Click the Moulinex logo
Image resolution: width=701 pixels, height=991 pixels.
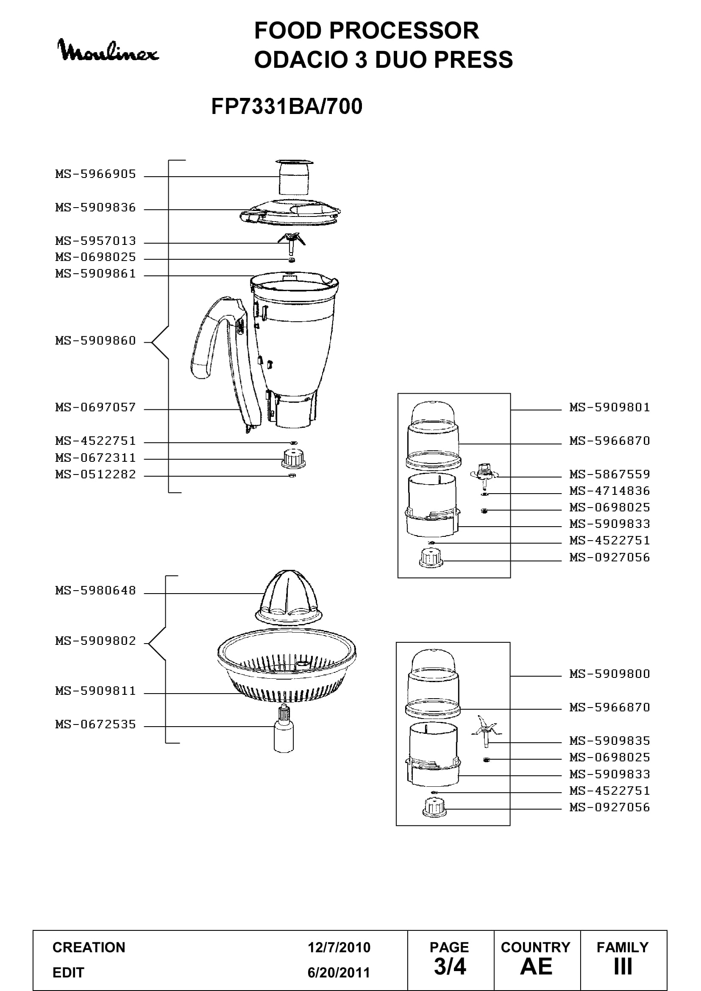108,51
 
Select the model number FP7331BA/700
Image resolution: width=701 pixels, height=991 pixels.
287,106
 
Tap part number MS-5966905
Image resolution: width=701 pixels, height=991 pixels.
95,174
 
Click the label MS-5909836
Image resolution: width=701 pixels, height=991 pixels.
95,208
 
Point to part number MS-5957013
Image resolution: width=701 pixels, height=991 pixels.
95,241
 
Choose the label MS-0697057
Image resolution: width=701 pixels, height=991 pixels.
95,407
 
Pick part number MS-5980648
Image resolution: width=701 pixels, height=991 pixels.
95,591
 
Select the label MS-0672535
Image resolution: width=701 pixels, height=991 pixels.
95,724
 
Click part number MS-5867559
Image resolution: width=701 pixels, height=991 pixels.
609,475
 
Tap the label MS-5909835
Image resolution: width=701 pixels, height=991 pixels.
609,741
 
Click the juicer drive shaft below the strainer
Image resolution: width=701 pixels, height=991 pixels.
284,728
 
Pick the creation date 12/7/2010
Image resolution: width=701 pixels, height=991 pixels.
339,947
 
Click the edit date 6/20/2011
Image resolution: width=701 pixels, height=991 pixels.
339,972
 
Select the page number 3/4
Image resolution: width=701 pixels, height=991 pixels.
450,966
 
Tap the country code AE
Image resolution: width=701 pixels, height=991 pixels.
536,966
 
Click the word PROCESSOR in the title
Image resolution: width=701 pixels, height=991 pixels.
404,31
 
